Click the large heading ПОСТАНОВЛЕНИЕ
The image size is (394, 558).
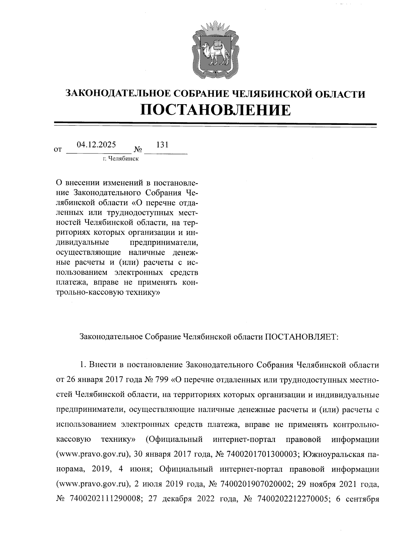point(216,110)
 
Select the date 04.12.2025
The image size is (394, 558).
point(96,145)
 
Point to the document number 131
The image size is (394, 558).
point(162,145)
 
